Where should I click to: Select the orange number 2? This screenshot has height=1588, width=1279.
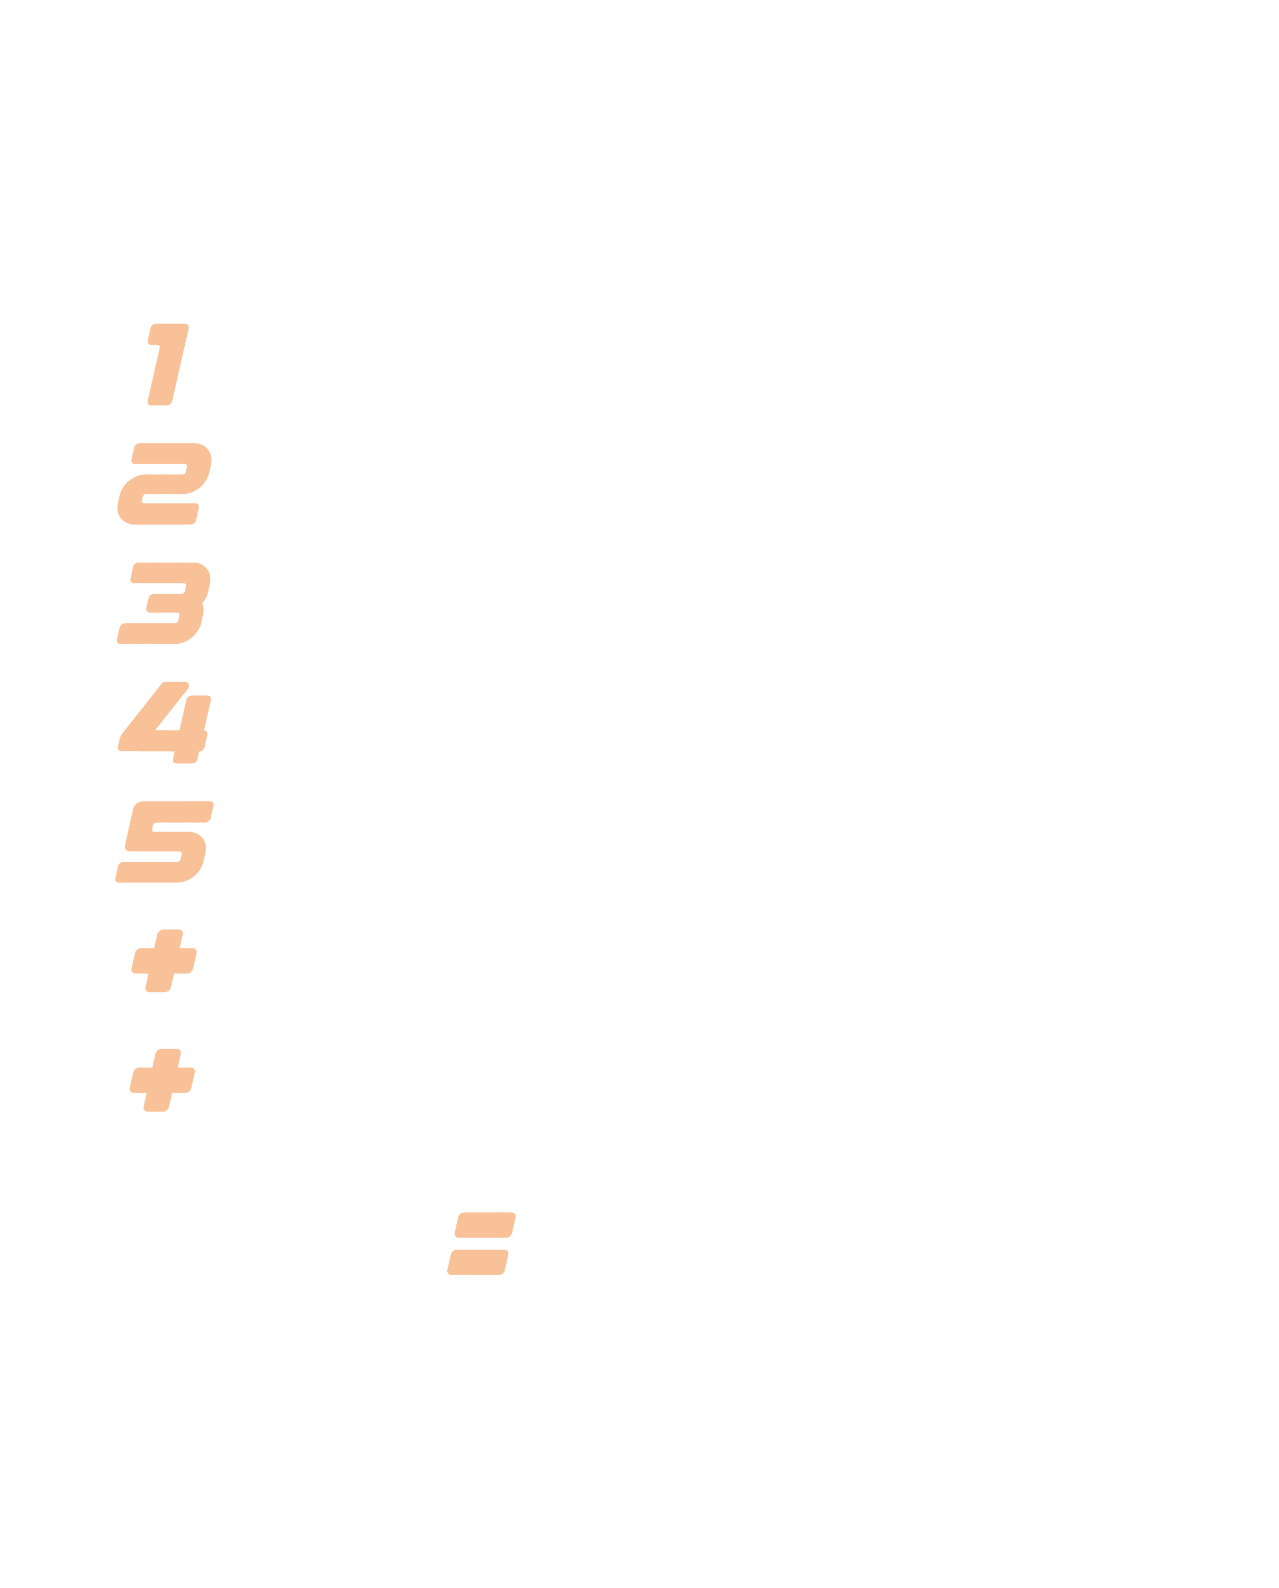164,484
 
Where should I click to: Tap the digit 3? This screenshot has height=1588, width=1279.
164,603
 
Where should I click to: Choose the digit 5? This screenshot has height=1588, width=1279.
164,842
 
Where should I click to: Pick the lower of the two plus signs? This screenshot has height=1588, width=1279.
162,1080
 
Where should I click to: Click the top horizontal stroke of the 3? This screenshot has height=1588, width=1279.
169,573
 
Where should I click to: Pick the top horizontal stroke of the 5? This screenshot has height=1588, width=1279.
177,811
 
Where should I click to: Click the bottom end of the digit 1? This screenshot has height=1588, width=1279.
159,402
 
